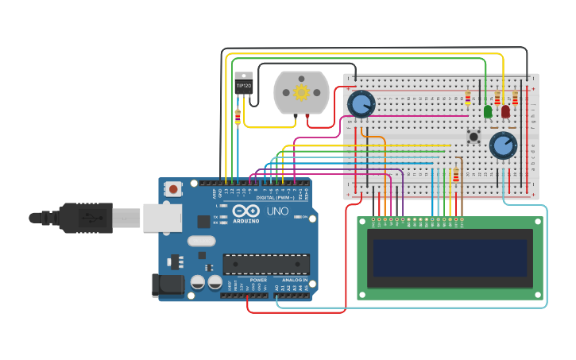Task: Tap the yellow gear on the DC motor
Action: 301,92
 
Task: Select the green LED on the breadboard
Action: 488,112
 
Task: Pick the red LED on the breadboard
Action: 505,112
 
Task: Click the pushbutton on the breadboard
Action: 474,137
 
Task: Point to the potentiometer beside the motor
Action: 361,104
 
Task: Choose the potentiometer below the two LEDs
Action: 503,145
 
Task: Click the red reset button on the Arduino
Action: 172,189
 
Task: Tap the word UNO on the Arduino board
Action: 276,211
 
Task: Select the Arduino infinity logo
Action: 247,211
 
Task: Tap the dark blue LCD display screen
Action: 450,257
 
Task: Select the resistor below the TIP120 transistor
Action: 238,117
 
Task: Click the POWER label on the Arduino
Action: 258,280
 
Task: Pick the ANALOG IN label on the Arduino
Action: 293,280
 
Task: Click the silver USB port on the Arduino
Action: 162,217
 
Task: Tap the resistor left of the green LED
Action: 468,99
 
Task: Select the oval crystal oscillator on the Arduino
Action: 201,241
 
